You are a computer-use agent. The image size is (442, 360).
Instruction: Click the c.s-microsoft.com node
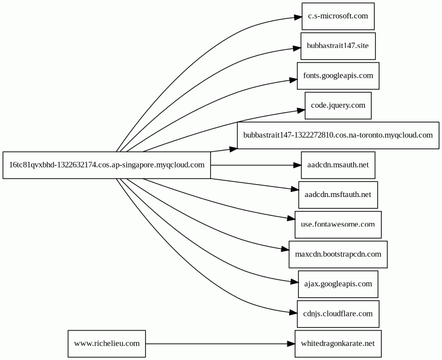[x=338, y=16]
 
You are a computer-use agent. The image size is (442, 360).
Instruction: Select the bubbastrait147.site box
[x=338, y=46]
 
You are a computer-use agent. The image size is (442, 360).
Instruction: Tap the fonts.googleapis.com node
[x=338, y=76]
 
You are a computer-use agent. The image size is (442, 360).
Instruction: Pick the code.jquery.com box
[x=338, y=105]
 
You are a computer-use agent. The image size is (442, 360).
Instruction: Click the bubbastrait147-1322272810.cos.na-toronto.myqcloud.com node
[x=338, y=135]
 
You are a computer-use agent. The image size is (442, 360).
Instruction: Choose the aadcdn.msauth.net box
[x=338, y=165]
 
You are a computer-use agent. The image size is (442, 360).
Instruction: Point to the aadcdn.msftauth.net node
[x=338, y=195]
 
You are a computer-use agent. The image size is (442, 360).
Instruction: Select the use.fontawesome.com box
[x=338, y=225]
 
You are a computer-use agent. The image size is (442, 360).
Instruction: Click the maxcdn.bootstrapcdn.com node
[x=338, y=255]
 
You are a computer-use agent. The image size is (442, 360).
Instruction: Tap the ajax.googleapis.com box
[x=338, y=284]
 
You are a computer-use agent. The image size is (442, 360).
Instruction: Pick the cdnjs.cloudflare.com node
[x=338, y=314]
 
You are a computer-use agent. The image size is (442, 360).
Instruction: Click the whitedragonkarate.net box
[x=338, y=344]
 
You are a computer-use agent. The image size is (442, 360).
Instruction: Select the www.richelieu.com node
[x=107, y=344]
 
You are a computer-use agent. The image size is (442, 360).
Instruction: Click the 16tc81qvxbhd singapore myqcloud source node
[x=107, y=165]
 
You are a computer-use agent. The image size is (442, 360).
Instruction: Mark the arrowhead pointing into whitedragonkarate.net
[x=291, y=344]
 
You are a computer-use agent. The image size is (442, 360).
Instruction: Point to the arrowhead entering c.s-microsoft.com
[x=298, y=17]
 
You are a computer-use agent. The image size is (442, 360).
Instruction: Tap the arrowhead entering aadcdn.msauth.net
[x=297, y=165]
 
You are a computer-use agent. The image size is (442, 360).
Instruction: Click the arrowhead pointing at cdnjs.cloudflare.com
[x=293, y=313]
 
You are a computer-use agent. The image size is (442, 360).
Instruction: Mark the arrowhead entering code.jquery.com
[x=301, y=110]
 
